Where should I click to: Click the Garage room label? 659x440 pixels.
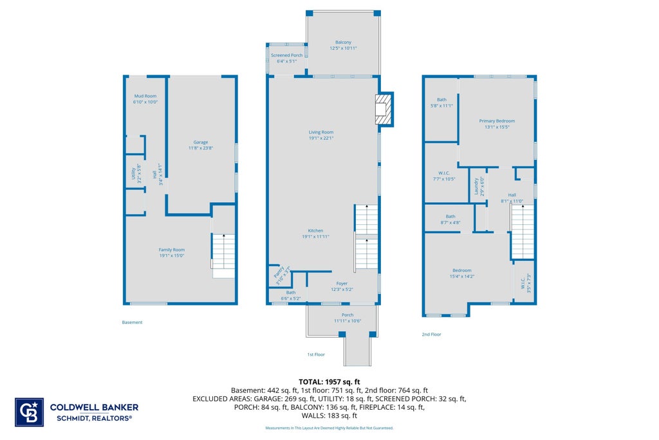coord(201,145)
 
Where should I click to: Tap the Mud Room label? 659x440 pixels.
coord(145,99)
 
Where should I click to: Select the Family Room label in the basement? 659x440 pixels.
coord(171,253)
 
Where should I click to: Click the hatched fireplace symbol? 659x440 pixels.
coord(383,110)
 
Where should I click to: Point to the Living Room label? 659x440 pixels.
coord(321,135)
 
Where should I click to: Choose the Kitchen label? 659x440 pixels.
coord(315,233)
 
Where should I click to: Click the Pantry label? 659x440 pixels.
coord(282,274)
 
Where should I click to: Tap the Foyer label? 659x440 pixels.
coord(342,287)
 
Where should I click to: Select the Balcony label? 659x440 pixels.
coord(344,45)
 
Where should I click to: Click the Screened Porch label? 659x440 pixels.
coord(286,58)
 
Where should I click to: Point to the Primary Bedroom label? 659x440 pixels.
coord(497,124)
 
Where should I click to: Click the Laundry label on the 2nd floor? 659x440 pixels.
coord(479,186)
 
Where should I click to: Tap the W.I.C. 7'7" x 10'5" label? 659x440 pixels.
coord(444,176)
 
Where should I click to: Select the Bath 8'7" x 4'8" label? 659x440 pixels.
coord(450,219)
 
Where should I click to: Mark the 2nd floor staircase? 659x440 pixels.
coord(523,231)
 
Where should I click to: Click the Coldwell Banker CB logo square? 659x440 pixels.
coord(29,412)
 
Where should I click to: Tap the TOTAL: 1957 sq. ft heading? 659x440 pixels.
coord(329,382)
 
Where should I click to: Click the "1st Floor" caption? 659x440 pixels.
coord(316,354)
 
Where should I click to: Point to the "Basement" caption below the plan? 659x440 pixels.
coord(132,322)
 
